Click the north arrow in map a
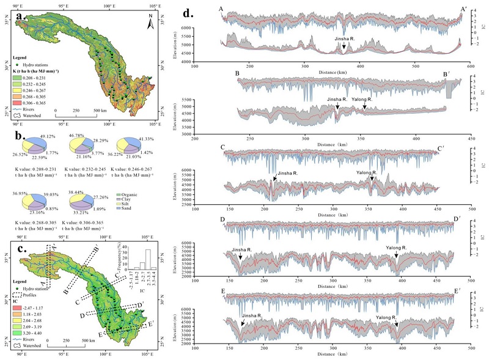click(x=149, y=24)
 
